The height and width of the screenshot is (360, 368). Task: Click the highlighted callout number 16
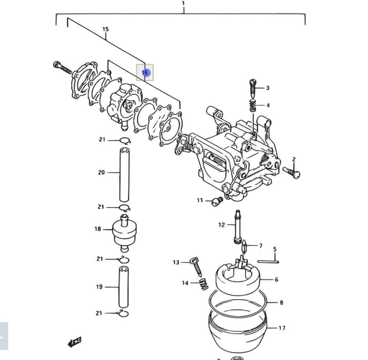[145, 73]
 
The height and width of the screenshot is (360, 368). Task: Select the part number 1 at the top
[183, 3]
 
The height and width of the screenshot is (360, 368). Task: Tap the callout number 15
[106, 29]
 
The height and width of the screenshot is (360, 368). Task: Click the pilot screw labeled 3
[252, 88]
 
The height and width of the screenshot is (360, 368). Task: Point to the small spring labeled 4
[252, 106]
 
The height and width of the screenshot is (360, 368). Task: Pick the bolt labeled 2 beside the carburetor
[291, 172]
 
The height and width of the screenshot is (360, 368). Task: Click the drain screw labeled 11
[217, 201]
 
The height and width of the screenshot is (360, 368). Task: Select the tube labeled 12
[238, 226]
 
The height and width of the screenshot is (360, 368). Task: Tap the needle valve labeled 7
[244, 246]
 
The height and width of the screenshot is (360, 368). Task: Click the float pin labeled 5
[268, 262]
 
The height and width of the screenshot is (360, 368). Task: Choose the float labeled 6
[237, 278]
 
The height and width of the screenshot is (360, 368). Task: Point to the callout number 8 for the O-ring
[281, 303]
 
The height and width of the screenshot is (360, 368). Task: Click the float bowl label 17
[282, 328]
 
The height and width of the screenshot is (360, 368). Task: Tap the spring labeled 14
[203, 284]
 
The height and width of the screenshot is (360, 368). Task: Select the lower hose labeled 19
[124, 287]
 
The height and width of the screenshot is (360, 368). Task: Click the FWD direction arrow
[74, 342]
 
